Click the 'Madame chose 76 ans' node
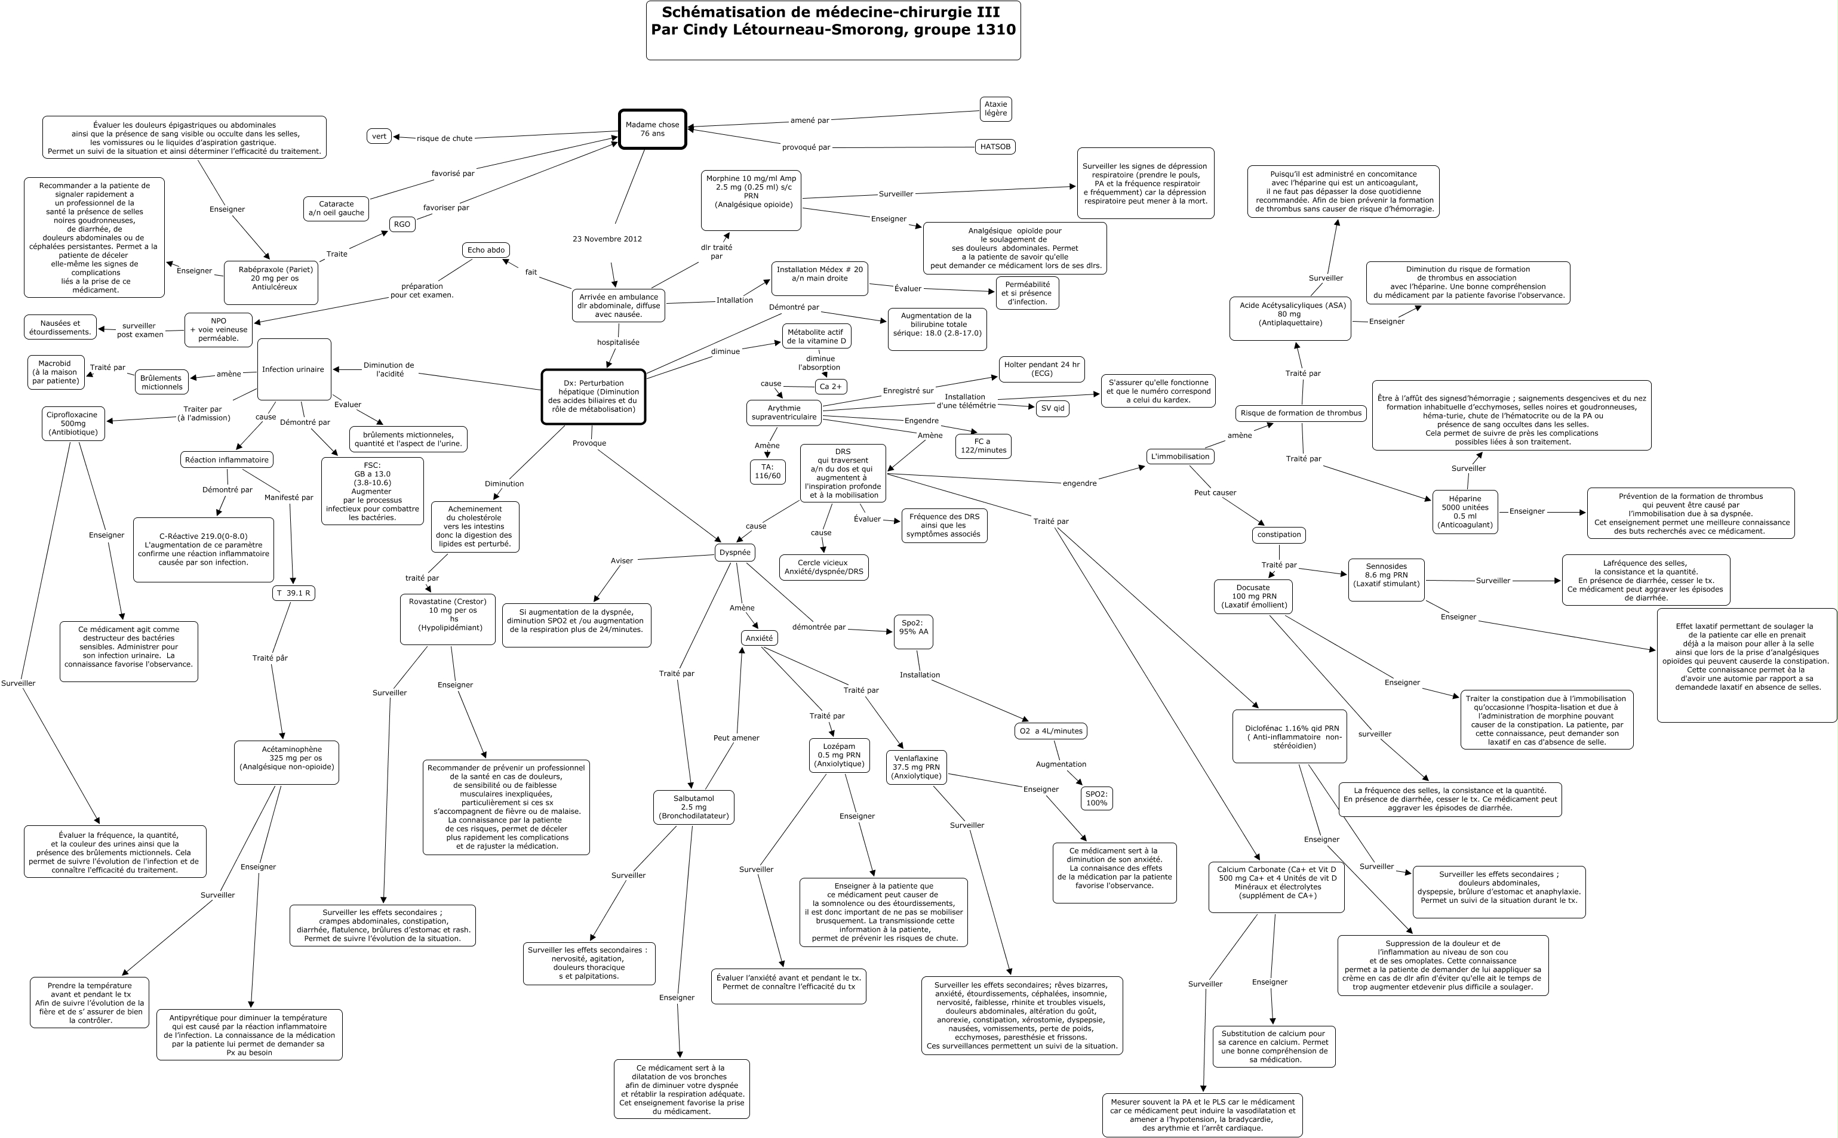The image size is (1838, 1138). click(x=652, y=129)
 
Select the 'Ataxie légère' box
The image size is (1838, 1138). click(x=995, y=109)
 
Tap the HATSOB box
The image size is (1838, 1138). click(x=995, y=147)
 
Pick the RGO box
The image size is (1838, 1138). click(x=402, y=224)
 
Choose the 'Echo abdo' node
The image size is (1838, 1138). click(x=485, y=250)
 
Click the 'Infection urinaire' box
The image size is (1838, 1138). click(x=294, y=369)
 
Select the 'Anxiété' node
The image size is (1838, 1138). click(x=758, y=639)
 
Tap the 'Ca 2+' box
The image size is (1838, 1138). click(x=831, y=387)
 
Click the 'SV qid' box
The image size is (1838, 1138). click(x=1052, y=409)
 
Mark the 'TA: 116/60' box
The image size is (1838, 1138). click(x=767, y=472)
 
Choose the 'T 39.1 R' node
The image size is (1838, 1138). click(x=293, y=593)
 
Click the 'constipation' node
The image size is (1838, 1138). click(x=1278, y=535)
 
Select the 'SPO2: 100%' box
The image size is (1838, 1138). click(x=1096, y=798)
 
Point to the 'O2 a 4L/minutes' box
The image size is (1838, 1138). click(x=1050, y=731)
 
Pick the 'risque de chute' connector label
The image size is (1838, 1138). click(x=444, y=138)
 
